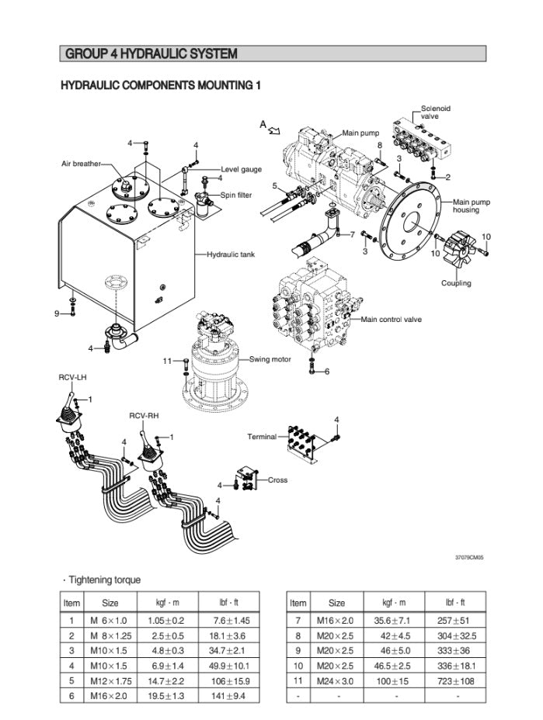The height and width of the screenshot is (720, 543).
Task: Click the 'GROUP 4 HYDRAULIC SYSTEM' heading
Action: [x=151, y=54]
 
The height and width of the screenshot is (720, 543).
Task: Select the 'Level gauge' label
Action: [x=241, y=168]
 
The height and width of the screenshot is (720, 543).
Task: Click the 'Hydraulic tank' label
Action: [x=231, y=254]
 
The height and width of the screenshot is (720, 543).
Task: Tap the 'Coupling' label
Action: [x=456, y=283]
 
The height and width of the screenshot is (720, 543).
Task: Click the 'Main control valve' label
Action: [x=392, y=319]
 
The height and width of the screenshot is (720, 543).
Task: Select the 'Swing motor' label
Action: [x=270, y=359]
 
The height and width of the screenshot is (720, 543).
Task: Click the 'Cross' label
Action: [x=277, y=480]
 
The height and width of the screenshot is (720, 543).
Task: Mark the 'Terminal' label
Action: [x=262, y=437]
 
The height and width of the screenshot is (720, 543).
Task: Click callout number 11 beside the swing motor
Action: [x=167, y=361]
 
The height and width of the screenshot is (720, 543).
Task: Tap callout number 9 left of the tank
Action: [x=57, y=313]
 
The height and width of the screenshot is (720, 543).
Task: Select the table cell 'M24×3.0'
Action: [x=336, y=681]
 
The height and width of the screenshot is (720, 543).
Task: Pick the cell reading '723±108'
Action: [x=456, y=681]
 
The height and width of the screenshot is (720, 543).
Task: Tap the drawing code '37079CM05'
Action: [x=469, y=557]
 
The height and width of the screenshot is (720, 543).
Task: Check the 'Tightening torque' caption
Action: [x=94, y=580]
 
